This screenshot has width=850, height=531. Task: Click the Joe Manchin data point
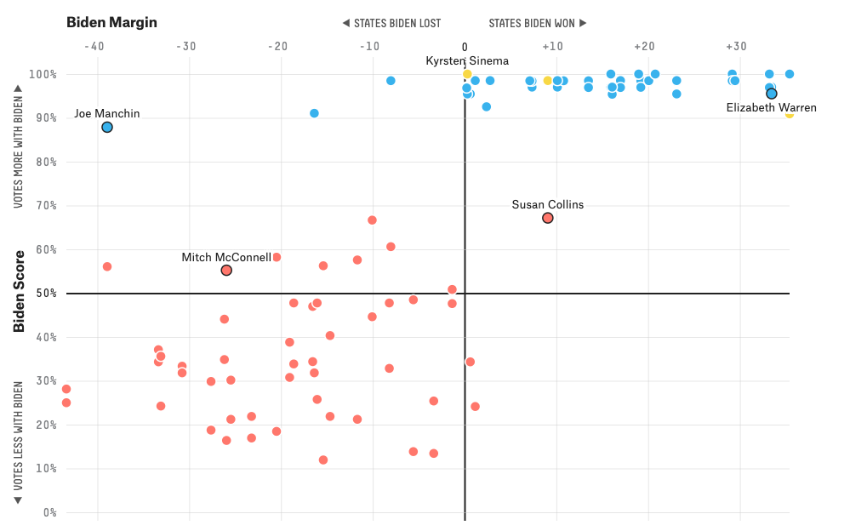click(x=107, y=127)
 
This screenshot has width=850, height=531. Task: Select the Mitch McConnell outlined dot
click(x=226, y=270)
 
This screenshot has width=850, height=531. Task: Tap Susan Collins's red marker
click(x=547, y=218)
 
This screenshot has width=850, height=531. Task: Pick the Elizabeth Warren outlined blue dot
click(x=772, y=94)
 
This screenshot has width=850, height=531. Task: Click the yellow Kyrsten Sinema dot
click(x=467, y=74)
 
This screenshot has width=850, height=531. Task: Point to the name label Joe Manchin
click(x=106, y=113)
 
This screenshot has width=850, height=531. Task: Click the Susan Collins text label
click(x=547, y=204)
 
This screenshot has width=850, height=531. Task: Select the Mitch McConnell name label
click(x=226, y=257)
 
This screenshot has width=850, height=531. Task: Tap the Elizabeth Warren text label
click(x=771, y=107)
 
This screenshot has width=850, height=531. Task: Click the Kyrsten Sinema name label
click(x=467, y=60)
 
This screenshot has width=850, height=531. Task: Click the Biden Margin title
click(x=111, y=22)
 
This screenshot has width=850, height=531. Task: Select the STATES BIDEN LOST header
click(x=391, y=23)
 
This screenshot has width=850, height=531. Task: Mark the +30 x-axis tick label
click(x=736, y=46)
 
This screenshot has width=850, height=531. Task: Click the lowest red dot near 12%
click(x=323, y=460)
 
